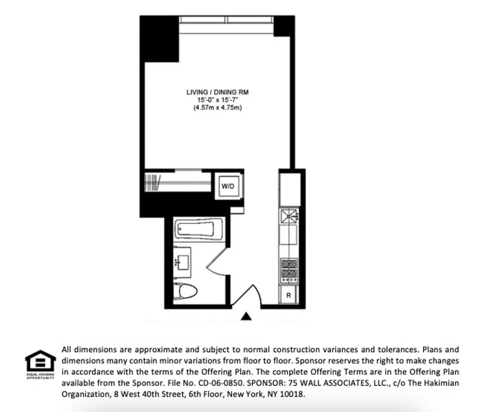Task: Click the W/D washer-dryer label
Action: (x=228, y=187)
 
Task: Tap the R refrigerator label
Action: (x=289, y=296)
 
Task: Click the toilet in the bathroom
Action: (x=186, y=291)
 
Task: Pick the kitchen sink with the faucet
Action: (x=289, y=215)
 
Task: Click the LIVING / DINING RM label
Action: (x=217, y=92)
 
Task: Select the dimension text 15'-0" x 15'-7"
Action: (x=217, y=100)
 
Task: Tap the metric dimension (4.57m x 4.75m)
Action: (x=217, y=108)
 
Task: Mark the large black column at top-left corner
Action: (x=160, y=39)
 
